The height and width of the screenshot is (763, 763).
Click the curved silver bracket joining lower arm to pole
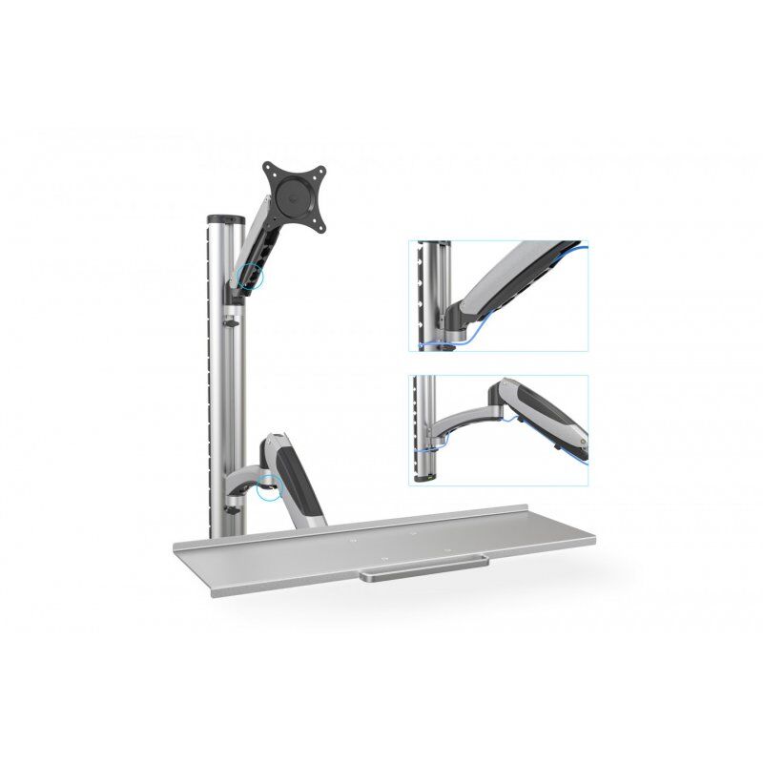[250, 477]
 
